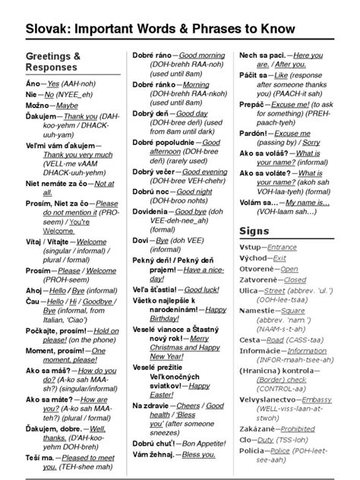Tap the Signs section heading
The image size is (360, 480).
[254, 209]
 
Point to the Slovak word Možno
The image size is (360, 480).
[39, 106]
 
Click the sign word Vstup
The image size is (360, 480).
[250, 226]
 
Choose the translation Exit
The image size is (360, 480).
[279, 237]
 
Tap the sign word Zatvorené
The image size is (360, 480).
[259, 258]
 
